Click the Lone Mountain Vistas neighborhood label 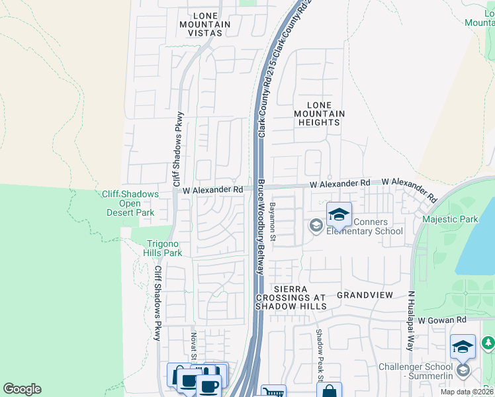pyautogui.click(x=204, y=24)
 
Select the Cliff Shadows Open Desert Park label pyautogui.click(x=130, y=203)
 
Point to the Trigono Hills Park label pyautogui.click(x=163, y=248)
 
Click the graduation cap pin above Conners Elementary pyautogui.click(x=339, y=214)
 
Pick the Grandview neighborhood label pyautogui.click(x=365, y=294)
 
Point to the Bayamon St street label pyautogui.click(x=272, y=221)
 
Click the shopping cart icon pyautogui.click(x=273, y=392)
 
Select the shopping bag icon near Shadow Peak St pyautogui.click(x=329, y=390)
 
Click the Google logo pyautogui.click(x=22, y=389)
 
